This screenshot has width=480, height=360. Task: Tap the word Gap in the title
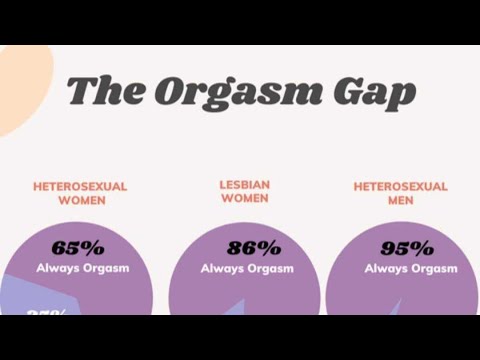[375, 93]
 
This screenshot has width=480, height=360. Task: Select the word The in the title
[105, 91]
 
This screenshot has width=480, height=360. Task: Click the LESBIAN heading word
[244, 185]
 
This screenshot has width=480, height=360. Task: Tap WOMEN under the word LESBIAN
[244, 198]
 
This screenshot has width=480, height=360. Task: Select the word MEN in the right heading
[400, 201]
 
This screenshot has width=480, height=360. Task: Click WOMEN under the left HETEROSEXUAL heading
[81, 200]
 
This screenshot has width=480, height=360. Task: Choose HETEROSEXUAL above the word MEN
[400, 187]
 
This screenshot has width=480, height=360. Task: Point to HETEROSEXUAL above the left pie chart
[81, 186]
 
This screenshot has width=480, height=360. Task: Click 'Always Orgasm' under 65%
[83, 268]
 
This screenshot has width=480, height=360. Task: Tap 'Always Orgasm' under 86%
[247, 268]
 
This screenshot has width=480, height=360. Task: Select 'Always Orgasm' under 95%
[410, 268]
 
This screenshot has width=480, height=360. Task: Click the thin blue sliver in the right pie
[399, 307]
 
